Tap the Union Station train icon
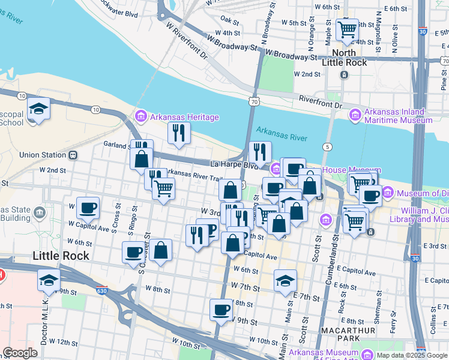pyautogui.click(x=73, y=155)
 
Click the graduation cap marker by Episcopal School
pyautogui.click(x=38, y=109)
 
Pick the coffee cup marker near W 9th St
pyautogui.click(x=221, y=310)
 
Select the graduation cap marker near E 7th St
pyautogui.click(x=286, y=280)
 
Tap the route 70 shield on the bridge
pyautogui.click(x=255, y=103)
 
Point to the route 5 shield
pyautogui.click(x=327, y=147)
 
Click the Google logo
pyautogui.click(x=20, y=352)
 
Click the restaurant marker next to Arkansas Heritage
pyautogui.click(x=178, y=133)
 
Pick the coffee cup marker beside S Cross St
pyautogui.click(x=88, y=208)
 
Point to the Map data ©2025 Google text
pyautogui.click(x=411, y=355)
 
